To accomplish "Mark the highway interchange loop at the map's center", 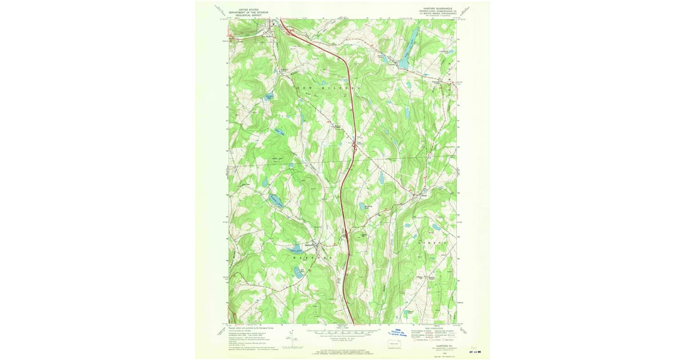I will [354, 150].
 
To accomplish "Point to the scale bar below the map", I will [343, 331].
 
